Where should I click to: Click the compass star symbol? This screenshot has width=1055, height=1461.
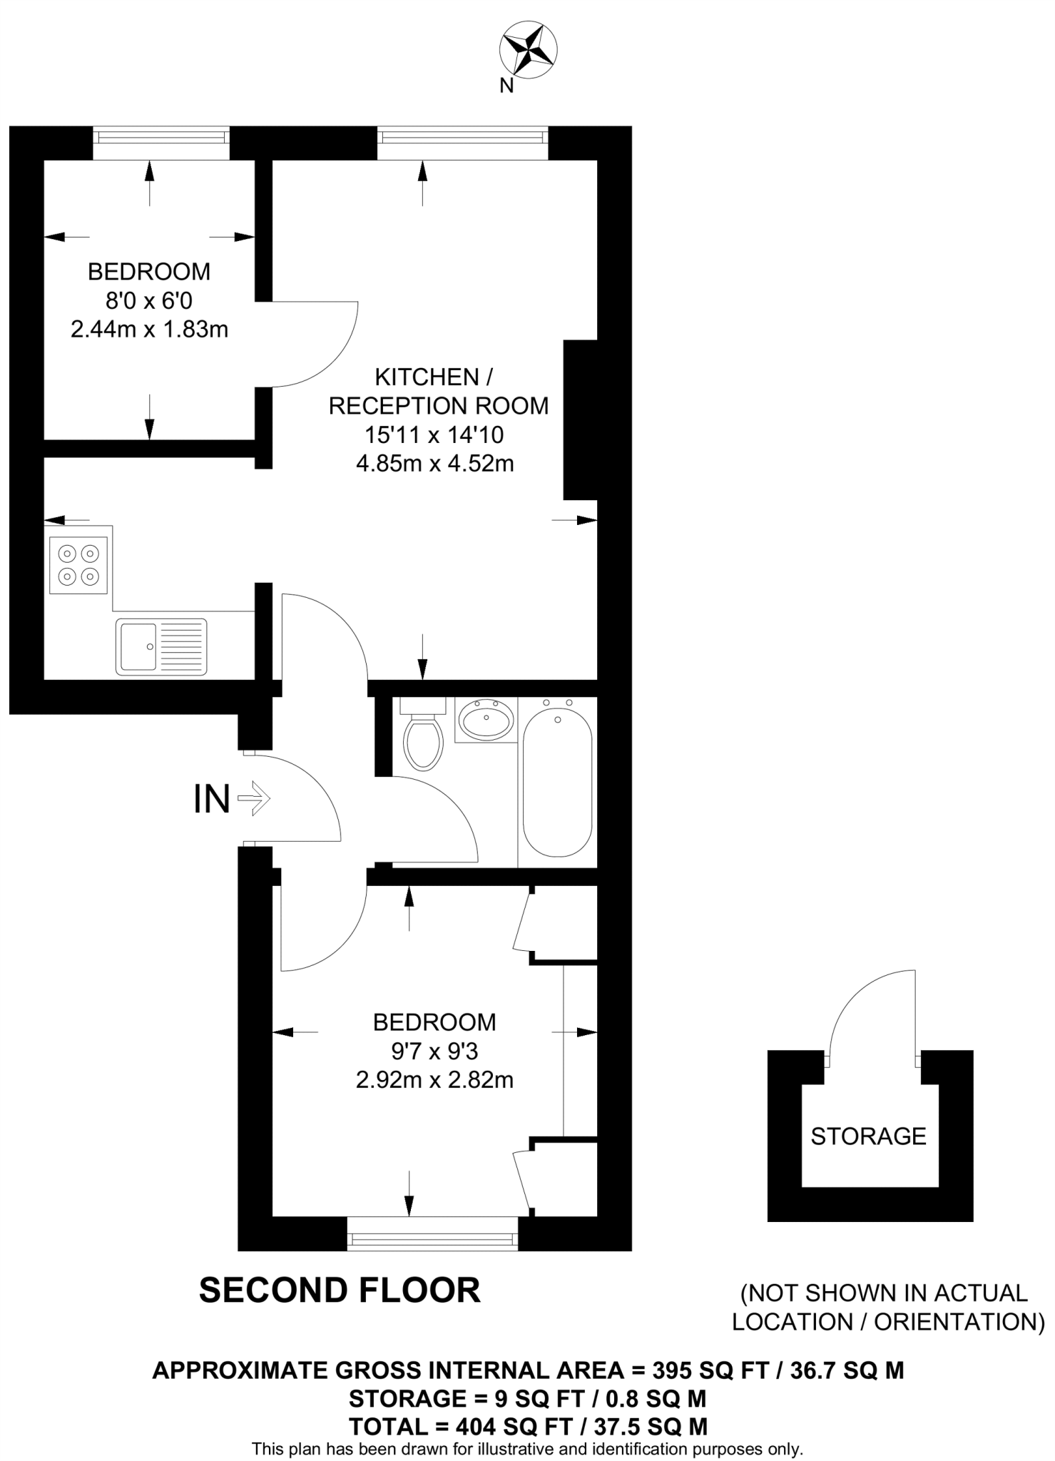(527, 50)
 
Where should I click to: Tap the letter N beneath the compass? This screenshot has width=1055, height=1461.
(506, 86)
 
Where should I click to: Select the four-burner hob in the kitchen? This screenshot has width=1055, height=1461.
(78, 565)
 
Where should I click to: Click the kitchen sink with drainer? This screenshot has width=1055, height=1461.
(162, 646)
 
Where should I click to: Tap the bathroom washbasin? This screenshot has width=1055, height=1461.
(486, 719)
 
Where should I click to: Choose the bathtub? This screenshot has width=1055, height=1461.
(558, 783)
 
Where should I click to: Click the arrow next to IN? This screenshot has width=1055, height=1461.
(253, 798)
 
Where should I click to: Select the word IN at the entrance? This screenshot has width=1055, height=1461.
(212, 799)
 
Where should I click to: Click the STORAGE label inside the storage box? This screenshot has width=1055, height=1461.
(868, 1136)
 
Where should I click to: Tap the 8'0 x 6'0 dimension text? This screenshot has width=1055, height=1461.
(149, 301)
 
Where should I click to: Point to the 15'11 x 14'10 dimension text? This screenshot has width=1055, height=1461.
(435, 434)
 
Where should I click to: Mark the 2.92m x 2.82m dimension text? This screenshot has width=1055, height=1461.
(434, 1080)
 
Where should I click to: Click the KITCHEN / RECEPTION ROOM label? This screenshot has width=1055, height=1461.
(438, 391)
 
